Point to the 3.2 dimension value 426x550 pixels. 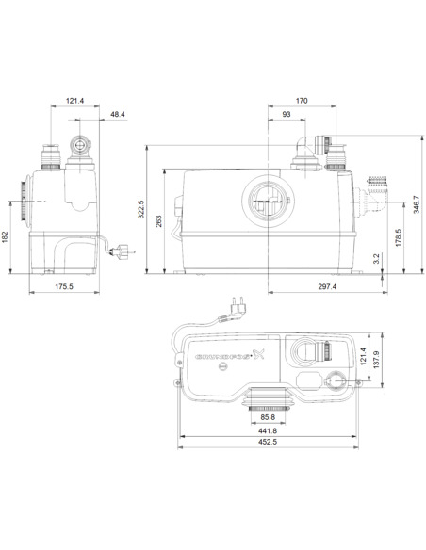(x=375, y=257)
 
